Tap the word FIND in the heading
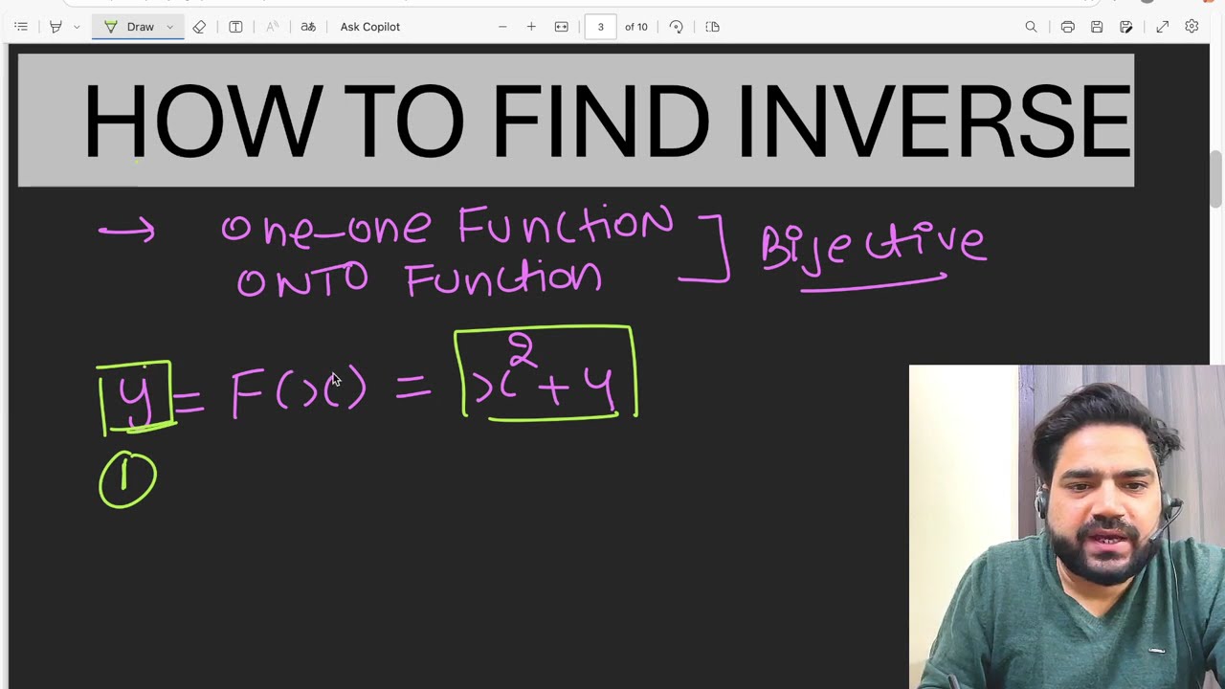[x=600, y=122]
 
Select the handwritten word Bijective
[x=872, y=245]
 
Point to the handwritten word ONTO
[x=302, y=280]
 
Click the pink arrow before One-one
[x=126, y=231]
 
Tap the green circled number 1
[x=127, y=480]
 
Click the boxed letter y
[x=135, y=397]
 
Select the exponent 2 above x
[x=522, y=349]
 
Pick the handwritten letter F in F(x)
[x=247, y=393]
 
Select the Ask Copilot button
[x=369, y=27]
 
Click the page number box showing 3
[x=600, y=27]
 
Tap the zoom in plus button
[x=531, y=27]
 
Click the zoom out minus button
[x=502, y=27]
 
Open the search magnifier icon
[x=1031, y=27]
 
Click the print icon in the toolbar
[x=1067, y=27]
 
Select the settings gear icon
[x=1192, y=27]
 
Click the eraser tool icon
[x=199, y=27]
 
